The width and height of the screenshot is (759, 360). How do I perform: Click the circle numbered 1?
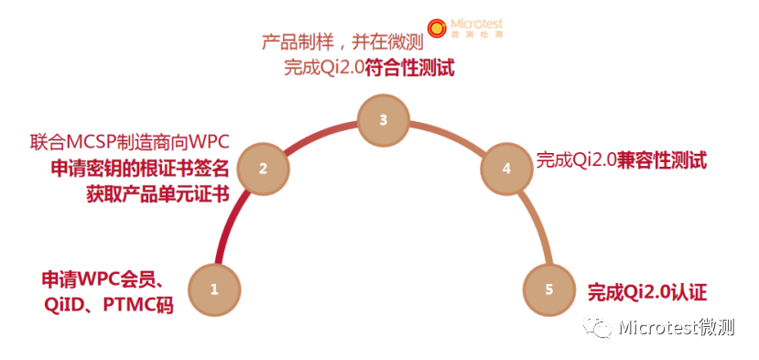coord(214,289)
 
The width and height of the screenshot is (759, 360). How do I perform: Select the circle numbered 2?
coord(263,169)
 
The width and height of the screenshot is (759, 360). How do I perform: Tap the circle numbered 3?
coord(383,120)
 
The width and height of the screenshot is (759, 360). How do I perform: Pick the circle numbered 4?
coord(506,169)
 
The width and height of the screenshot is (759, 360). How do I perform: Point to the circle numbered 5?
coord(549,289)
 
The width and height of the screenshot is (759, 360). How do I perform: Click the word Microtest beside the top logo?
coord(476,24)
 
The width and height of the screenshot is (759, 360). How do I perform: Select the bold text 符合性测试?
coord(409,68)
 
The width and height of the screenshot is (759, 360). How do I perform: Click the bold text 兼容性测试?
coord(661,160)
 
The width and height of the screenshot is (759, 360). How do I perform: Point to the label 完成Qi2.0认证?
coord(647,292)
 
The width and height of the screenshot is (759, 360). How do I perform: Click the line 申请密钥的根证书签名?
coord(140,169)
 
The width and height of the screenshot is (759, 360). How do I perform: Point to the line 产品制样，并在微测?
coord(342,42)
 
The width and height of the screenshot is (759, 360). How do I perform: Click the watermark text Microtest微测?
coord(677,327)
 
